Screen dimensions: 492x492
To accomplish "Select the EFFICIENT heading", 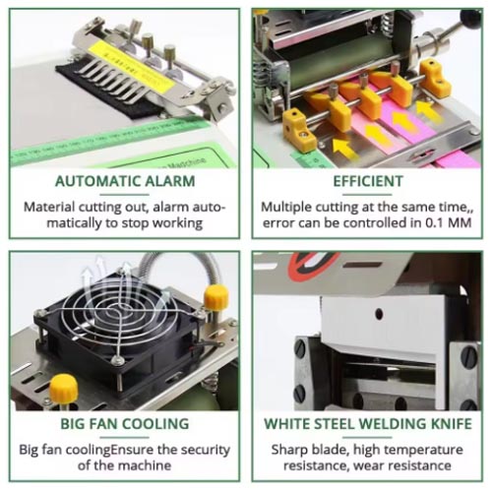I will click(367, 181).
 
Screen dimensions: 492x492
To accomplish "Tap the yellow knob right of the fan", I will click(216, 296).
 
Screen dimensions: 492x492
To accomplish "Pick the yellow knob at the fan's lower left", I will click(64, 386).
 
